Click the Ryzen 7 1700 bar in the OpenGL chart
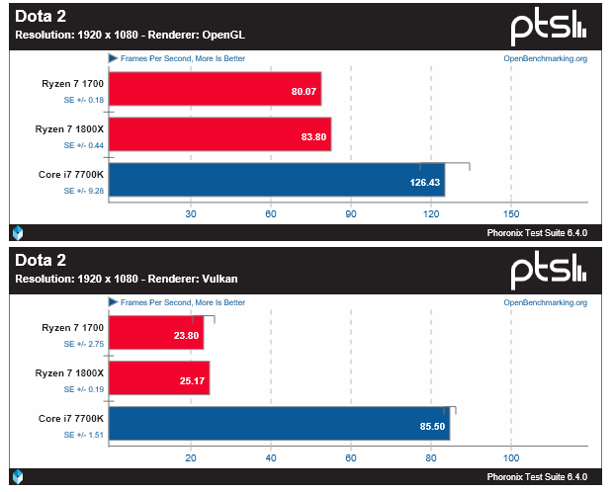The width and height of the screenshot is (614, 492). (215, 88)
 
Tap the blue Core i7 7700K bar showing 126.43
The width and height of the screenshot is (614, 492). (276, 180)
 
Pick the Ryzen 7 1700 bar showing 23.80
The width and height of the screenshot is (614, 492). (156, 332)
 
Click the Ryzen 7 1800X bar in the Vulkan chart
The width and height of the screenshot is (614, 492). (158, 377)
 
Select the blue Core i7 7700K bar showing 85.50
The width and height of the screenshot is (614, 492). (279, 424)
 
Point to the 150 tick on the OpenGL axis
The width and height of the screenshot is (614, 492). (511, 213)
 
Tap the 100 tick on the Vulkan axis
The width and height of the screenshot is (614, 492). (511, 457)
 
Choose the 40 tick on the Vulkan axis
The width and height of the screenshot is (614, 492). (271, 457)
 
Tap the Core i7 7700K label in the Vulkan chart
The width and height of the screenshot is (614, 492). (71, 418)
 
